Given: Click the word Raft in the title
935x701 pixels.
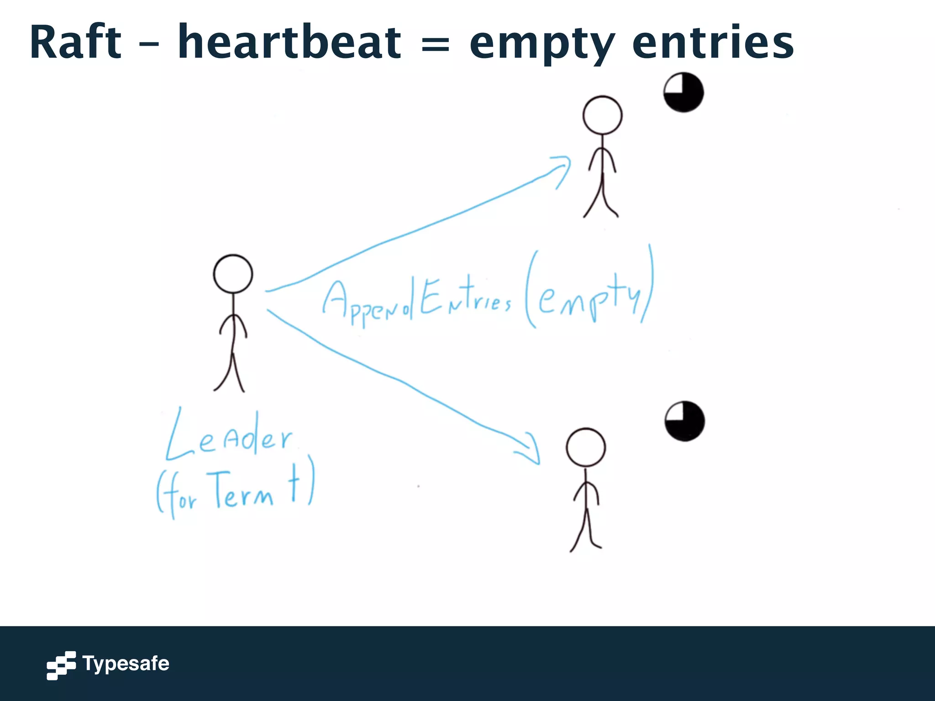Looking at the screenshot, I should (x=76, y=42).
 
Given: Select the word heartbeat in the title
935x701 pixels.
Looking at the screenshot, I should (x=289, y=42).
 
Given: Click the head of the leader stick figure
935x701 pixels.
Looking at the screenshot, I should (x=233, y=274).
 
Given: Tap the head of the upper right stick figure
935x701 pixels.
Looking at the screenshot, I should (x=602, y=115).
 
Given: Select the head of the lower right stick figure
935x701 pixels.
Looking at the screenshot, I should (x=586, y=447).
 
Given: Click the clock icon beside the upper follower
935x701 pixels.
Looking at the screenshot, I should (x=683, y=92).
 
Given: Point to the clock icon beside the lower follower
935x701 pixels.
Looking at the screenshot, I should (x=684, y=421).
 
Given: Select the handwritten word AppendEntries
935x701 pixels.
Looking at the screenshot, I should (x=416, y=301).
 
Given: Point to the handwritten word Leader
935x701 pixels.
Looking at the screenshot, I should (x=228, y=436).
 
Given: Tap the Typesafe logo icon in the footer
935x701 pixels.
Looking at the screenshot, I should (x=61, y=665).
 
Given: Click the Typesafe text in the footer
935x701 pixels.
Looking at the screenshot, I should (x=126, y=664).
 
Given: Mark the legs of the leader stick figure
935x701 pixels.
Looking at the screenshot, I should (x=231, y=372).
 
